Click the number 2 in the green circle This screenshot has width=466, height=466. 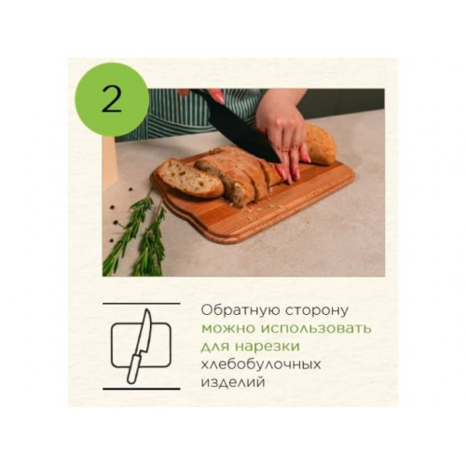[111, 100]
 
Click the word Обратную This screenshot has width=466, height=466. [240, 310]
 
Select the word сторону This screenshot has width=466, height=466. [317, 311]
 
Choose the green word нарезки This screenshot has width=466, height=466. [267, 347]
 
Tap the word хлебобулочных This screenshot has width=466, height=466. [261, 364]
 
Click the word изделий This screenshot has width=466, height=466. [233, 382]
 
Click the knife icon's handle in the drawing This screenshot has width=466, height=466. [134, 369]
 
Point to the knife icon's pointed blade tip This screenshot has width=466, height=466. [147, 309]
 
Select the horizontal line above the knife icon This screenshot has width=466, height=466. [142, 304]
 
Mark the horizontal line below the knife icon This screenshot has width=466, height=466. [142, 389]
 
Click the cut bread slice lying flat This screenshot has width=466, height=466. [189, 178]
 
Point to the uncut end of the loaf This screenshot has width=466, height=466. [321, 144]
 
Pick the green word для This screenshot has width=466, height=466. [215, 347]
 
